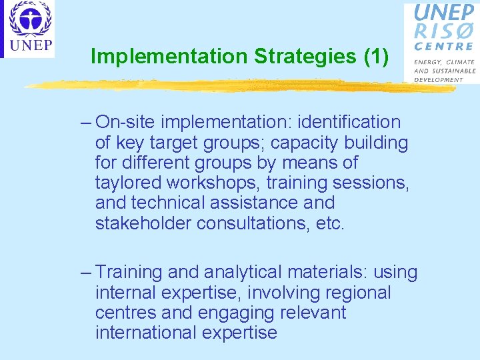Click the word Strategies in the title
click(x=305, y=57)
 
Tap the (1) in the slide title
click(x=376, y=57)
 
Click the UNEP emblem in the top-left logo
click(x=29, y=21)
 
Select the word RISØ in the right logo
click(x=445, y=31)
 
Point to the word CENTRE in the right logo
click(x=443, y=47)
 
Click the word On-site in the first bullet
click(x=126, y=123)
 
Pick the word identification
click(x=349, y=123)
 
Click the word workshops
click(x=207, y=183)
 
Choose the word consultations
click(x=252, y=223)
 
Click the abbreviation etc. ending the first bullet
click(x=329, y=223)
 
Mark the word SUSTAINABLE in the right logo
click(x=453, y=70)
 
